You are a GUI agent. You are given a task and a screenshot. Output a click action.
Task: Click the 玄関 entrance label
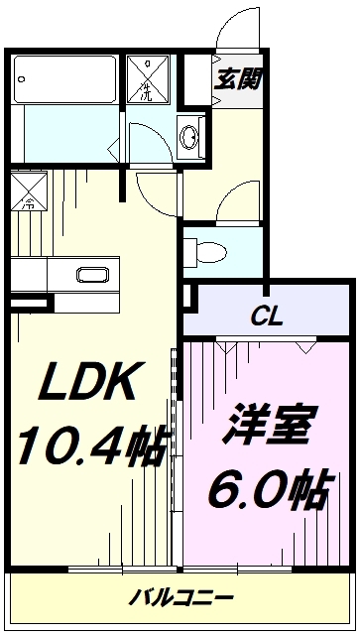pyautogui.click(x=237, y=78)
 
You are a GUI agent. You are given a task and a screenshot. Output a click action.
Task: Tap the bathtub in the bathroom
pyautogui.click(x=65, y=79)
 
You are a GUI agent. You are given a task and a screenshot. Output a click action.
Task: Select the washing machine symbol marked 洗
pyautogui.click(x=148, y=79)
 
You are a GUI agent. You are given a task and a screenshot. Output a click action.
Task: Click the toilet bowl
pyautogui.click(x=211, y=253)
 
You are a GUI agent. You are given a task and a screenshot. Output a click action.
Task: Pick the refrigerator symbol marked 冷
pyautogui.click(x=29, y=190)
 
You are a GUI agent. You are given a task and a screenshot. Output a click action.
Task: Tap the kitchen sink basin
pyautogui.click(x=93, y=275)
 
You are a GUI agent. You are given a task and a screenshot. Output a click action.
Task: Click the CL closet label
pyautogui.click(x=266, y=317)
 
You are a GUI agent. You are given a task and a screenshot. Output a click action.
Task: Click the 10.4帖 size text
pyautogui.click(x=91, y=444)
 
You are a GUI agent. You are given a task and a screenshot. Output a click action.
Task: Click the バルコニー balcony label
pyautogui.click(x=181, y=597)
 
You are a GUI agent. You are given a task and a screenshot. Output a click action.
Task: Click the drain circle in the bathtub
pyautogui.click(x=22, y=79)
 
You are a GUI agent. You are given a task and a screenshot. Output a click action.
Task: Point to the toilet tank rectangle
pyautogui.click(x=190, y=253)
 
